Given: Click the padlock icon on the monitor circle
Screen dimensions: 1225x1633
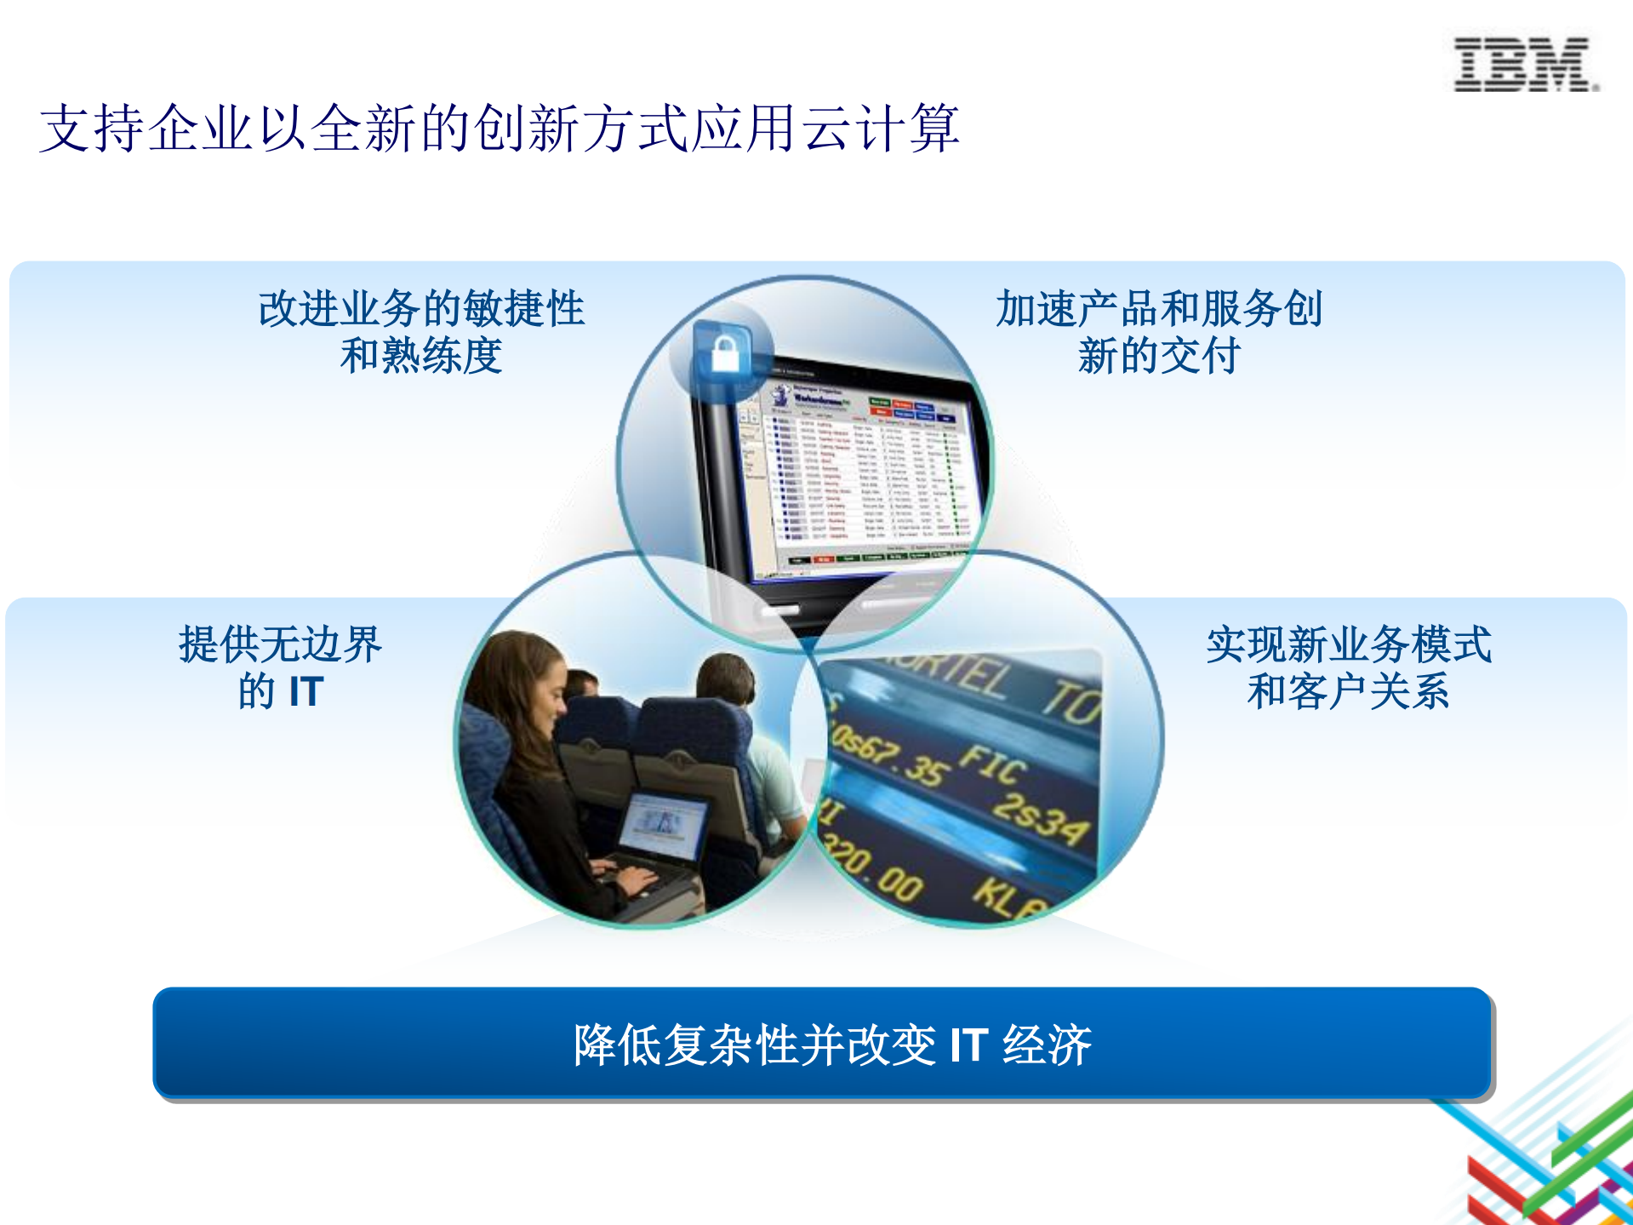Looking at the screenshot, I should click(724, 352).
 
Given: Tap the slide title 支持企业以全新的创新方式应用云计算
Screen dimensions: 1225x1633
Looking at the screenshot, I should click(500, 129).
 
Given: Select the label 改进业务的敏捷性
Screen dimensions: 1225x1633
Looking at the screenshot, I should click(421, 308).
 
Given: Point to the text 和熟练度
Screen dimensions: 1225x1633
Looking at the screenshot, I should click(421, 356).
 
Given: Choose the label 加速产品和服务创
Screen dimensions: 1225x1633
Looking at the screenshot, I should click(1158, 308).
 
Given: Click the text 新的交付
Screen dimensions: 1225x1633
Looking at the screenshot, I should click(1158, 356).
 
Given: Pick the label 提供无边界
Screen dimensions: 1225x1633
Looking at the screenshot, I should click(280, 644).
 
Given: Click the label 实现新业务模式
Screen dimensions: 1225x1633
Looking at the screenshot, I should click(1348, 644).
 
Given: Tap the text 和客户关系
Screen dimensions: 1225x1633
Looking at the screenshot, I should click(1348, 691).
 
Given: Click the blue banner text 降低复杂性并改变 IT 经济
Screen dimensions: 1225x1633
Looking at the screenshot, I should click(831, 1045).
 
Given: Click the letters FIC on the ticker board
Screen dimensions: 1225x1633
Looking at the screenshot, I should click(992, 765).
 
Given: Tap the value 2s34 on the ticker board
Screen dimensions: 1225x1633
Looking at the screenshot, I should click(1043, 817).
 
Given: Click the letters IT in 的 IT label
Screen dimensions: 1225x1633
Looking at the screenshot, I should click(305, 691).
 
